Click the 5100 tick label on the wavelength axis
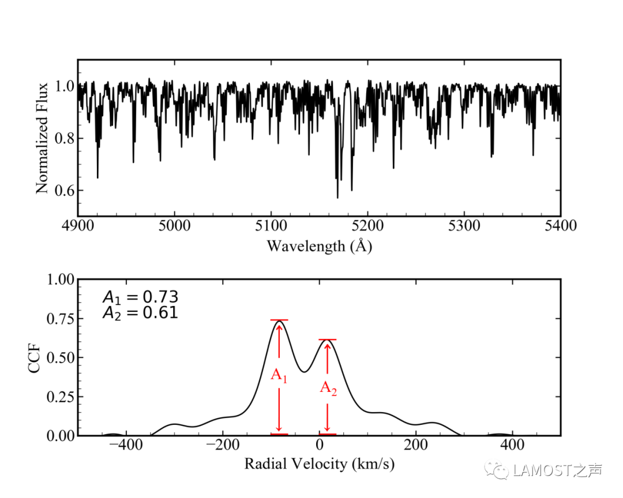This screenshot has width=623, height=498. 271,225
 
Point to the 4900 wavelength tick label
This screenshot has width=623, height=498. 78,225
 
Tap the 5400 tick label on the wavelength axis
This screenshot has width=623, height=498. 560,225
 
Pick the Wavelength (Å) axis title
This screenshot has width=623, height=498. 319,246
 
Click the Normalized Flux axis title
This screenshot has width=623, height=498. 42,139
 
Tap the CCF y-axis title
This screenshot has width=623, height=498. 36,357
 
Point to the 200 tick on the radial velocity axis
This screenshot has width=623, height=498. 415,446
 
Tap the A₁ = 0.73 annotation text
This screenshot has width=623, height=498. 140,297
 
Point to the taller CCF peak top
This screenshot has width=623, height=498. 279,321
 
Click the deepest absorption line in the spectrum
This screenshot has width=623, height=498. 337,197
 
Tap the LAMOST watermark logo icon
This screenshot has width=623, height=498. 497,471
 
